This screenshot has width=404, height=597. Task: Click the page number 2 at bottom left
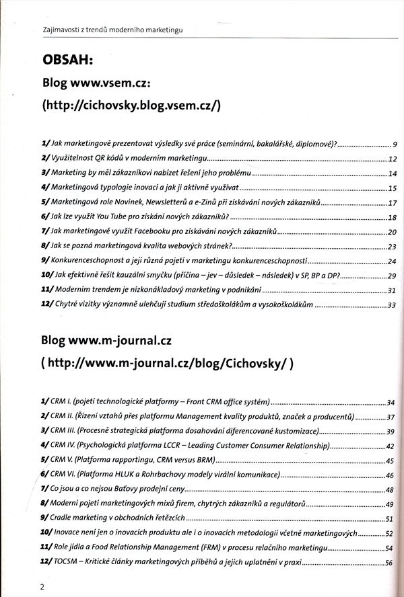(x=42, y=586)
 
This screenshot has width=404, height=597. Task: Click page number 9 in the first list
(x=395, y=145)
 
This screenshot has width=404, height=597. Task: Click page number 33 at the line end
(x=392, y=305)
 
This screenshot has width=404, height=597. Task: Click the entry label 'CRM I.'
(x=62, y=402)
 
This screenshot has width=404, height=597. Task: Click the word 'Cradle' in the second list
(x=62, y=518)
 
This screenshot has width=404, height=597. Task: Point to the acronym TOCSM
(x=66, y=562)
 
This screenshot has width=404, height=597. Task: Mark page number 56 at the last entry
(x=389, y=563)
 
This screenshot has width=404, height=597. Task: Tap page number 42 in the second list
(x=389, y=446)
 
